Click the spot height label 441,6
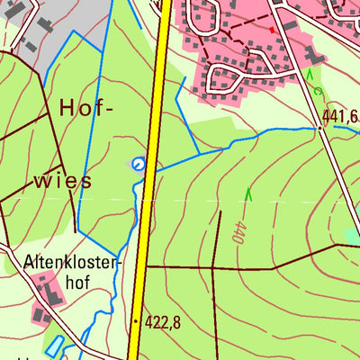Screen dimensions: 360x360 339,115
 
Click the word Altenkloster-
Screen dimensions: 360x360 71,264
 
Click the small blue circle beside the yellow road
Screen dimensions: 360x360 138,163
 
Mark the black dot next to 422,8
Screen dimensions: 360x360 136,319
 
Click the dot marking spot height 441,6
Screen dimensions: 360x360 319,128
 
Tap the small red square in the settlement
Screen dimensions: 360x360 270,30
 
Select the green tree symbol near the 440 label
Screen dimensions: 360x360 248,193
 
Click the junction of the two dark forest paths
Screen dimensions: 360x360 212,267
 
